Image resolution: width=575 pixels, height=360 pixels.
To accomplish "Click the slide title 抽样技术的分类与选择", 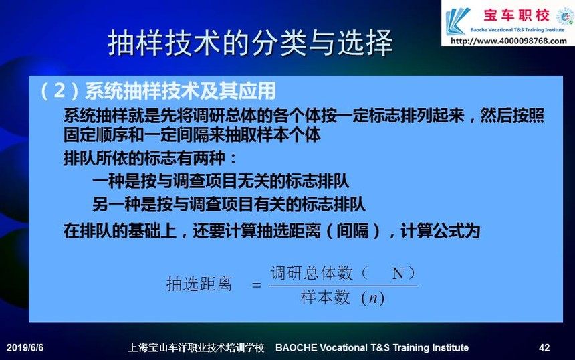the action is [x=250, y=43].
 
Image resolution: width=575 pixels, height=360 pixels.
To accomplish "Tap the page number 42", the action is [x=544, y=347].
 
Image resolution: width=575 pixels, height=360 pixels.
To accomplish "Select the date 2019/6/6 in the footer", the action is [x=25, y=347].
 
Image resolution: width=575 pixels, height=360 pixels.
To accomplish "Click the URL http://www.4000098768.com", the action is [x=508, y=41].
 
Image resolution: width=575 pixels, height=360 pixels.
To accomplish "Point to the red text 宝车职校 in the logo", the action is [x=516, y=15].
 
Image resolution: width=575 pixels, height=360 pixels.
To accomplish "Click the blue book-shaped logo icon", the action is [x=457, y=21].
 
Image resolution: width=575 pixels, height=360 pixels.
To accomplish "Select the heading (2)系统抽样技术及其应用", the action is [x=158, y=90].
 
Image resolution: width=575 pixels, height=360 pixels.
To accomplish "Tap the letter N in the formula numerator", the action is [x=398, y=274].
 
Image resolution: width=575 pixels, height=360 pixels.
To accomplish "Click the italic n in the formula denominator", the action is [x=372, y=298].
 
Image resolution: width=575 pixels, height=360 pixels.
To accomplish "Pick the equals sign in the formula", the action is [x=257, y=285].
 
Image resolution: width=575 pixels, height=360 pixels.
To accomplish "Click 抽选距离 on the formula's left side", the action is [x=199, y=284].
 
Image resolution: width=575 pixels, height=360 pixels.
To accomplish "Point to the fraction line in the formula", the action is [x=343, y=286].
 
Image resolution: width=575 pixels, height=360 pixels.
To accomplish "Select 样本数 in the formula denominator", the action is [x=325, y=297].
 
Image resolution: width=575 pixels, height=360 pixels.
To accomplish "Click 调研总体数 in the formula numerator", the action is [x=312, y=274].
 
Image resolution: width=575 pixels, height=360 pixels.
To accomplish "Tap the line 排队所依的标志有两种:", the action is [x=150, y=158].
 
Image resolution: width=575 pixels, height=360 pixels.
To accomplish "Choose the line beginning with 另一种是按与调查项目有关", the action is [x=229, y=204].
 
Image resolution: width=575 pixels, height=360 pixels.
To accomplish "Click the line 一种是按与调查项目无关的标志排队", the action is [x=221, y=181].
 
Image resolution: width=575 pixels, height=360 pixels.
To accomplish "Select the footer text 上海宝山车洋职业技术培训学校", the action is [x=196, y=347].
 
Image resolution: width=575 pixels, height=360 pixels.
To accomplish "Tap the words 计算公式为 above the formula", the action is [x=441, y=231].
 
